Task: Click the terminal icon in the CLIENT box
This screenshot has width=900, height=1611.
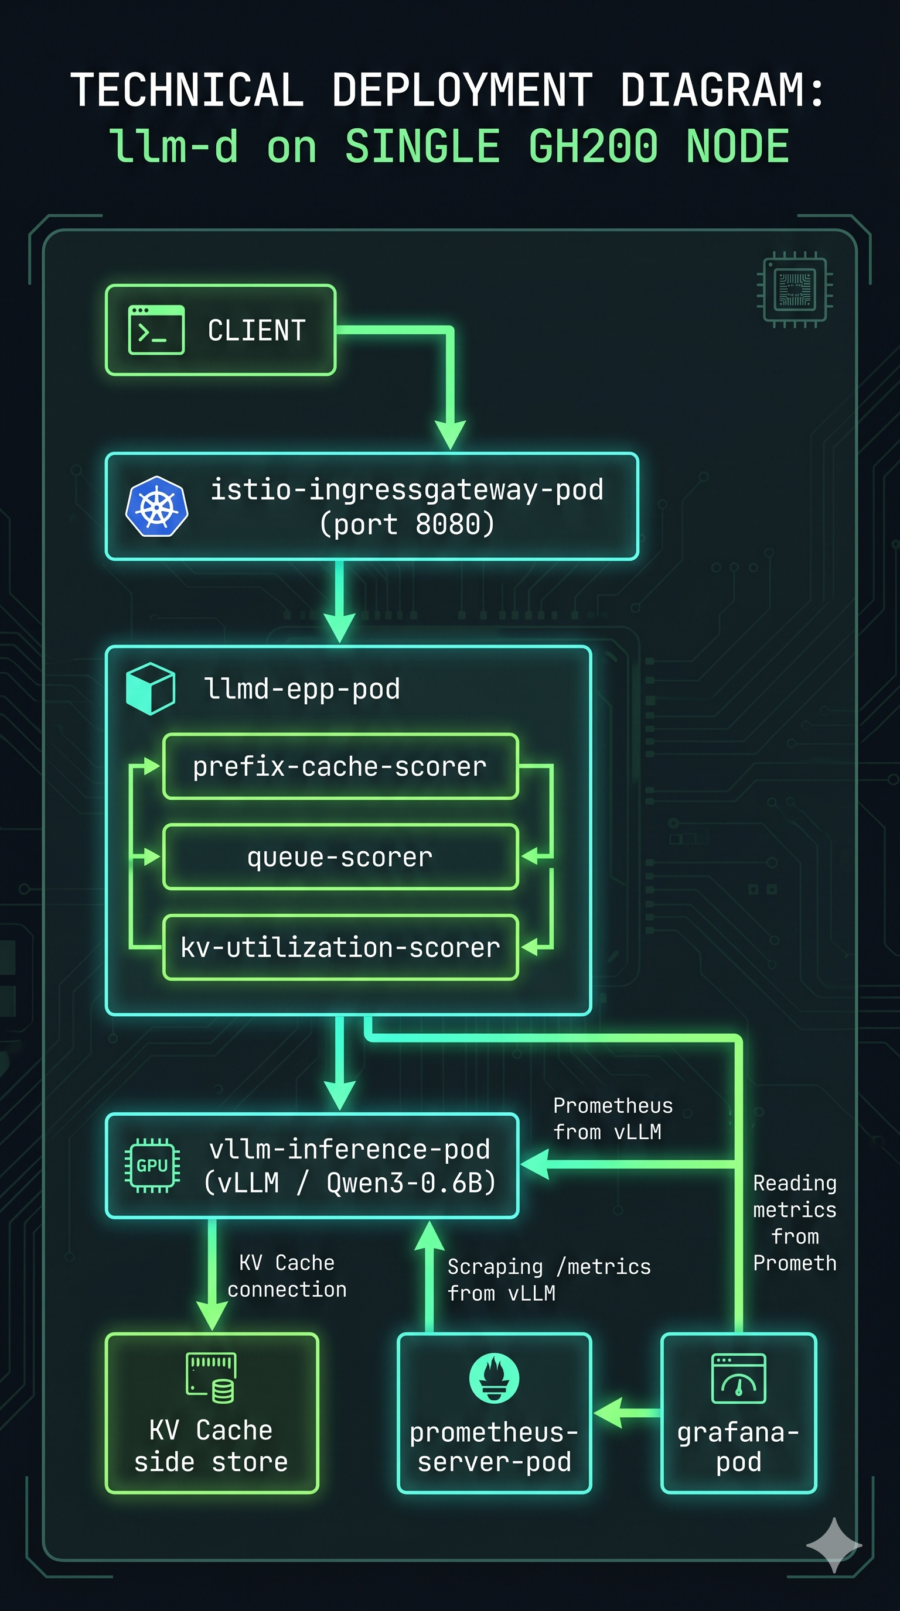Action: click(156, 330)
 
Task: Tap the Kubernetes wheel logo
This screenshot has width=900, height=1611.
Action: click(156, 506)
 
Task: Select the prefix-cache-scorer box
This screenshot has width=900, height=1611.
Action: click(340, 767)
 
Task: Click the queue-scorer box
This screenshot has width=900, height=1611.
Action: click(340, 857)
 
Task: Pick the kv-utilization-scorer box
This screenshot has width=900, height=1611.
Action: click(340, 948)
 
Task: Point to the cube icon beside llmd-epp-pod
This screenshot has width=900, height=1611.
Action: click(150, 688)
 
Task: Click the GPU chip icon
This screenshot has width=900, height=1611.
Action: click(152, 1166)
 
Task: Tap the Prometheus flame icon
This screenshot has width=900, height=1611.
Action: click(494, 1378)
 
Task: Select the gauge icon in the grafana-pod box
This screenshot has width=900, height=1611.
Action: click(738, 1379)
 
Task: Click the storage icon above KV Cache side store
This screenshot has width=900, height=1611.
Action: click(212, 1378)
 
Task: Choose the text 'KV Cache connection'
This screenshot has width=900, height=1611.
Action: click(287, 1276)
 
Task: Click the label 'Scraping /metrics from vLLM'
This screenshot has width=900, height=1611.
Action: click(548, 1280)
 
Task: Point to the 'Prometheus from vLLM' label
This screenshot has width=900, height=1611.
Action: click(612, 1118)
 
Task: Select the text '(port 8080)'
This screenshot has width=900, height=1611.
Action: click(407, 524)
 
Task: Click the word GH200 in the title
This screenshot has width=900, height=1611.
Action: click(593, 146)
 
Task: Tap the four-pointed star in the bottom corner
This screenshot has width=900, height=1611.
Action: click(834, 1545)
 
